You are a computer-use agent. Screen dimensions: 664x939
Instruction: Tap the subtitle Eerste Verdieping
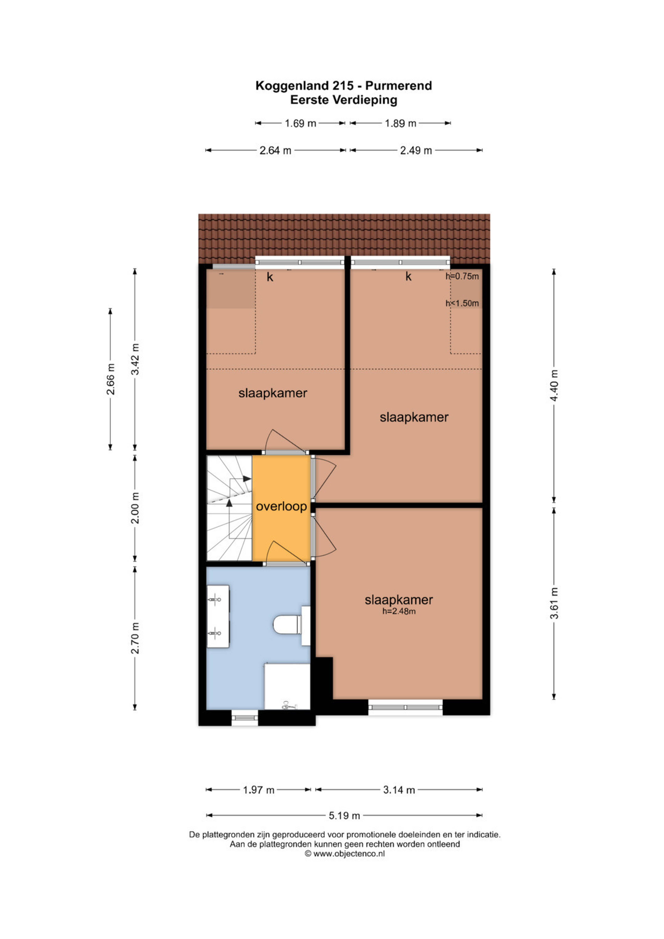pyautogui.click(x=344, y=100)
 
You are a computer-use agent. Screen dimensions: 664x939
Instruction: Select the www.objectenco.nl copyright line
pyautogui.click(x=345, y=854)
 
